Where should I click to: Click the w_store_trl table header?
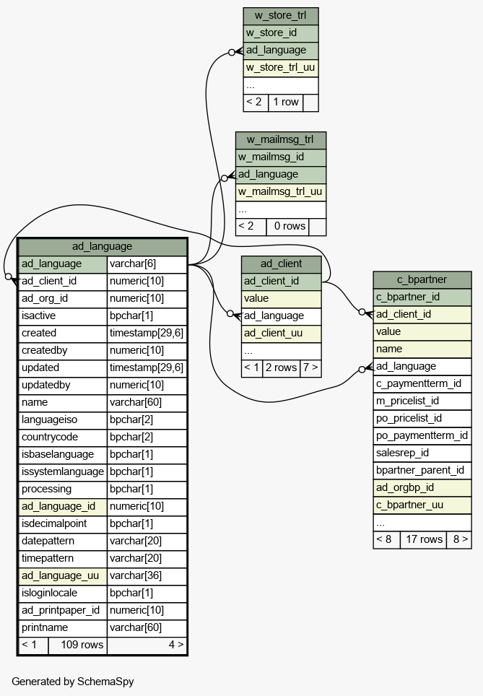[x=281, y=16]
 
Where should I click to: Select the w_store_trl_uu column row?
[x=281, y=67]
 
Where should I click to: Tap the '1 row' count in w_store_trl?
[x=285, y=103]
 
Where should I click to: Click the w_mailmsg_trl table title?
[x=281, y=140]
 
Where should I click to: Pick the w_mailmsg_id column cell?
[x=281, y=157]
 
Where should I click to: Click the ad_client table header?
[x=281, y=264]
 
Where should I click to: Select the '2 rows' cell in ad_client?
[x=281, y=368]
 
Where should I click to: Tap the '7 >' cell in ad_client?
[x=310, y=368]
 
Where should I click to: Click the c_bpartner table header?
[x=422, y=279]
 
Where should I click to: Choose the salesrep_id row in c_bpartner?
[x=422, y=453]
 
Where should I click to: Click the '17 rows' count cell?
[x=424, y=540]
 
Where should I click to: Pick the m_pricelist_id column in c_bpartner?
[x=422, y=401]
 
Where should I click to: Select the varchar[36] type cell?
[x=147, y=575]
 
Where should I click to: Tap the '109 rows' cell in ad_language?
[x=78, y=645]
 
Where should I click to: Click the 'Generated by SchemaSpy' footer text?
[x=73, y=682]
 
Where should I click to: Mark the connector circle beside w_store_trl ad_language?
[x=231, y=53]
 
